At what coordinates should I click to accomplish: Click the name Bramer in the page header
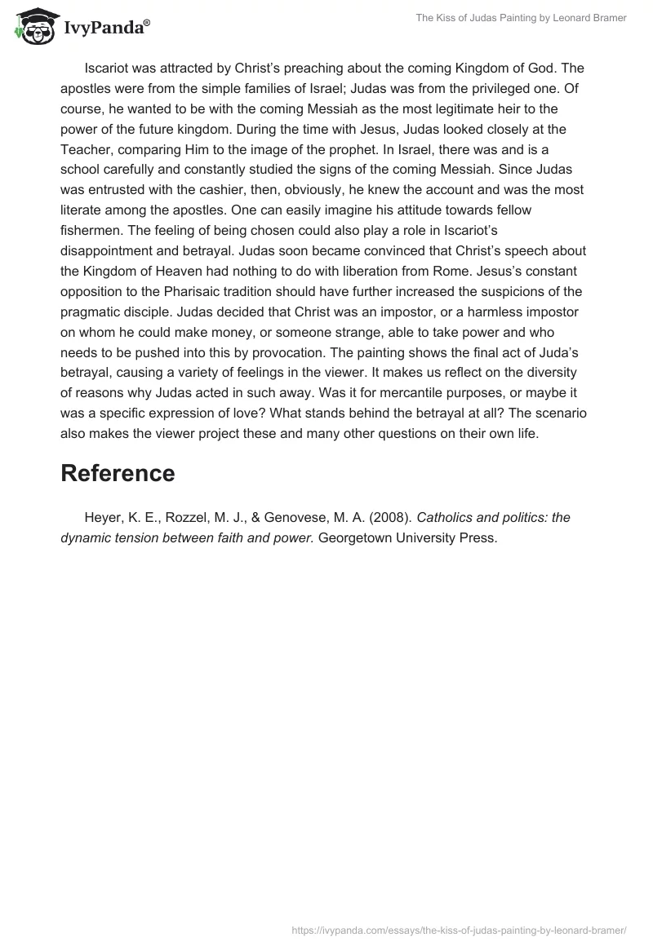click(x=608, y=18)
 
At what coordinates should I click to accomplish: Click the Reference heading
click(x=118, y=473)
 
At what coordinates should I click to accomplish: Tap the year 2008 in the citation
click(x=389, y=517)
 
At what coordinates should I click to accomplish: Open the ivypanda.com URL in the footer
click(x=459, y=930)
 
